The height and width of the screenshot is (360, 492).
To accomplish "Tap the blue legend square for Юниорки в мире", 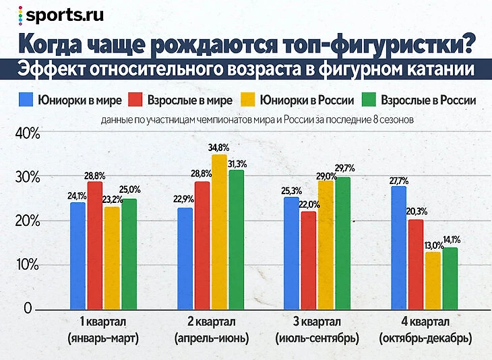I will pyautogui.click(x=27, y=100).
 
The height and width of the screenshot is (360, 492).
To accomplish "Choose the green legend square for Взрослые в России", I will pyautogui.click(x=368, y=100).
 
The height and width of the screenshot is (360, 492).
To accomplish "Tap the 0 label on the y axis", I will pyautogui.click(x=29, y=309).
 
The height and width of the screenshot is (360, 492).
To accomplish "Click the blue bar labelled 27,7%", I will pyautogui.click(x=398, y=247).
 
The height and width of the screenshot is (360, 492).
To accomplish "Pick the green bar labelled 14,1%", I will pyautogui.click(x=450, y=278).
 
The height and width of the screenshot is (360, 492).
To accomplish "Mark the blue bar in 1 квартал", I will pyautogui.click(x=78, y=256).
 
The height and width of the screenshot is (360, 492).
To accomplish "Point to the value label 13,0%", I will pyautogui.click(x=433, y=245).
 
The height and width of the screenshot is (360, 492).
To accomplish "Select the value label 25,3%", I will pyautogui.click(x=291, y=191).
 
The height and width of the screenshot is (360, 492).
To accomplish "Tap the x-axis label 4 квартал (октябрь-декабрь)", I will pyautogui.click(x=425, y=329).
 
